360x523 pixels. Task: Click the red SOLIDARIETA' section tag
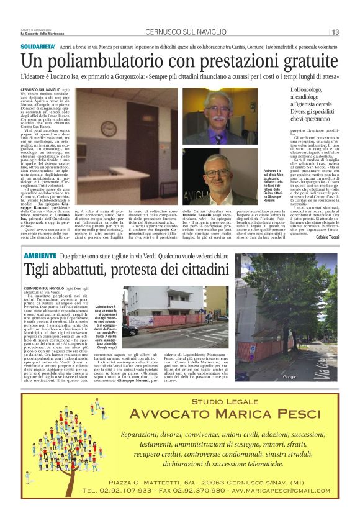pyautogui.click(x=40, y=46)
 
